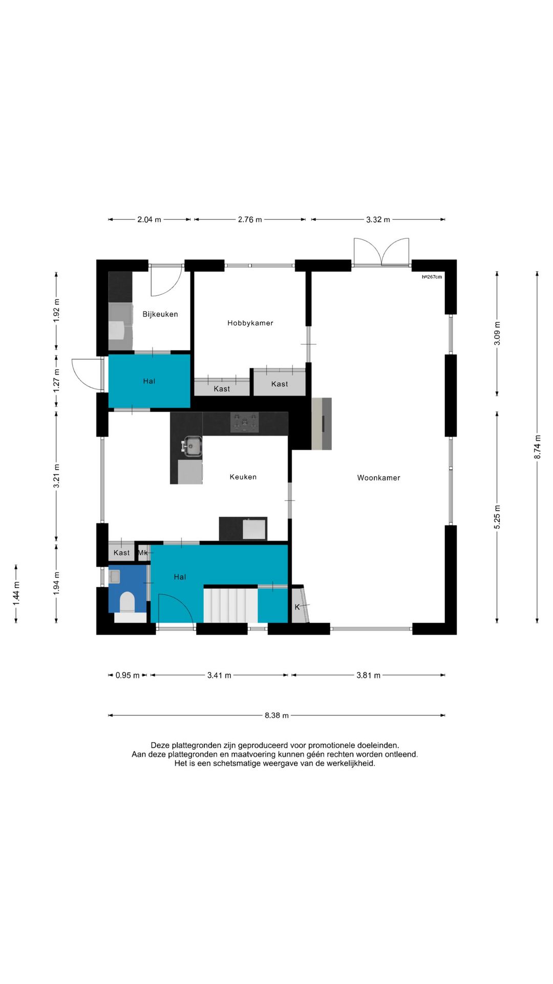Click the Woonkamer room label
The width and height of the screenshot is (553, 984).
pyautogui.click(x=378, y=478)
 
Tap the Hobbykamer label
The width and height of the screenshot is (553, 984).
pyautogui.click(x=250, y=323)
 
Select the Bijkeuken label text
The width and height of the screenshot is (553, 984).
pyautogui.click(x=160, y=314)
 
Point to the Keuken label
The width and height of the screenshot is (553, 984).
pyautogui.click(x=243, y=477)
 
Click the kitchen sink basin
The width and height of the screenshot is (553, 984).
pyautogui.click(x=193, y=445)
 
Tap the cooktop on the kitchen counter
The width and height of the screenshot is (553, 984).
pyautogui.click(x=244, y=422)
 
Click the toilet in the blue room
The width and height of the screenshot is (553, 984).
pyautogui.click(x=127, y=602)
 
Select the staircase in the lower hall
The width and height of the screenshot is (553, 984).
pyautogui.click(x=230, y=605)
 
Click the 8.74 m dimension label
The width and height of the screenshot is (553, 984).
pyautogui.click(x=537, y=447)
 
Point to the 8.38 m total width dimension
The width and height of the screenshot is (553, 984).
pyautogui.click(x=276, y=715)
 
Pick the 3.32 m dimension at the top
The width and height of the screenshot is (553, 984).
pyautogui.click(x=378, y=219)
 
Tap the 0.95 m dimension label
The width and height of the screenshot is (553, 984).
pyautogui.click(x=127, y=675)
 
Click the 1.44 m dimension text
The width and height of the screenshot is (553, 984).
pyautogui.click(x=16, y=593)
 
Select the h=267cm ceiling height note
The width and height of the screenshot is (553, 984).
pyautogui.click(x=432, y=277)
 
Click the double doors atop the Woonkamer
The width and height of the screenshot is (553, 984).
pyautogui.click(x=381, y=252)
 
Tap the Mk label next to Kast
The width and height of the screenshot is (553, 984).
pyautogui.click(x=143, y=552)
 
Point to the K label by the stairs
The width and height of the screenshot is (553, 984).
pyautogui.click(x=297, y=607)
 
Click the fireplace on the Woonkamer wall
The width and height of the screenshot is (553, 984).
pyautogui.click(x=322, y=424)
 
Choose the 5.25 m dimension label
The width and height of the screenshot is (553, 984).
pyautogui.click(x=497, y=517)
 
